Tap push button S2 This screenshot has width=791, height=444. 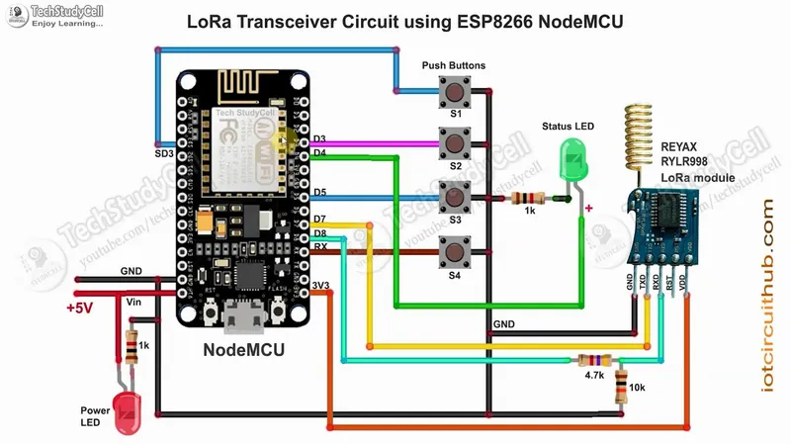point(456,144)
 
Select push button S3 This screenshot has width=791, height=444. point(456,198)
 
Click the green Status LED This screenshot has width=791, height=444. point(571,160)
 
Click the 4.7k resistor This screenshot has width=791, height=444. point(594,361)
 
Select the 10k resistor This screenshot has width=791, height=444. point(621,384)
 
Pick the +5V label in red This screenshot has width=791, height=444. point(79,308)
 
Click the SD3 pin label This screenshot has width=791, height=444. point(164,154)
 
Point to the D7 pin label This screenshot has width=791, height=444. point(319,218)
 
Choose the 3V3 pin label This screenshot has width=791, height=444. point(320,287)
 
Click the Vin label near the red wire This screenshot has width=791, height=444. point(135,300)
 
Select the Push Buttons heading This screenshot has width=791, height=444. point(454,65)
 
